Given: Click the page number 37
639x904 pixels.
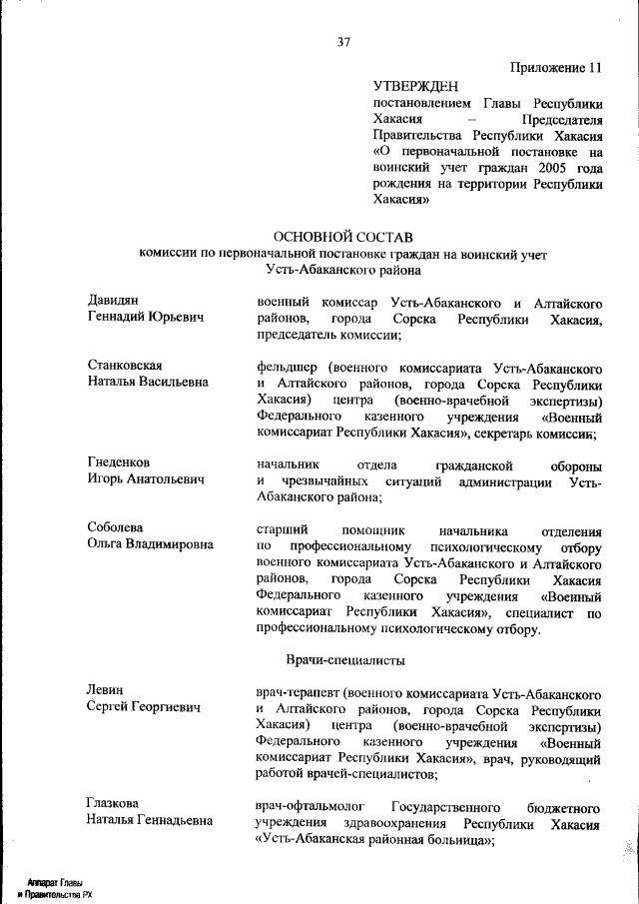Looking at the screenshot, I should pyautogui.click(x=343, y=42).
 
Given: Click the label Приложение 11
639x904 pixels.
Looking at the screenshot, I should pyautogui.click(x=557, y=68).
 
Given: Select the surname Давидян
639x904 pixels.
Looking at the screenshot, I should pyautogui.click(x=112, y=300).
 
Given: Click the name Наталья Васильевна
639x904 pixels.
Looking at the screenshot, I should pyautogui.click(x=148, y=383).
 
